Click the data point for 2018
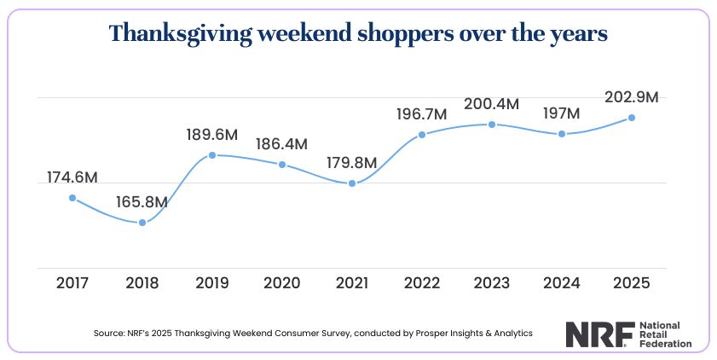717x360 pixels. tap(142, 224)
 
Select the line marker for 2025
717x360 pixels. tap(631, 118)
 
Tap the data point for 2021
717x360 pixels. tap(352, 183)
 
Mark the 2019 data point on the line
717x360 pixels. tap(212, 155)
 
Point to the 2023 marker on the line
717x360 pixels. tap(492, 125)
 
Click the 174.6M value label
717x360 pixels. tap(72, 177)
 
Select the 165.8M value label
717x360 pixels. tap(142, 203)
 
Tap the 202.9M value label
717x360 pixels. tap(631, 97)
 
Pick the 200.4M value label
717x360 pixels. tap(492, 104)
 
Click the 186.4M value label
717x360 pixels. tap(282, 144)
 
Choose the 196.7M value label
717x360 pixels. tap(422, 114)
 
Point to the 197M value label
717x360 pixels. tap(561, 113)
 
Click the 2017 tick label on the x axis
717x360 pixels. tap(72, 282)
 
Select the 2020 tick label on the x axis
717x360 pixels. tap(282, 282)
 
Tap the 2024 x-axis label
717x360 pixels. tap(561, 282)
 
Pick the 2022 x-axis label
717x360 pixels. tap(422, 282)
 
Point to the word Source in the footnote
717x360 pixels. tap(108, 334)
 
